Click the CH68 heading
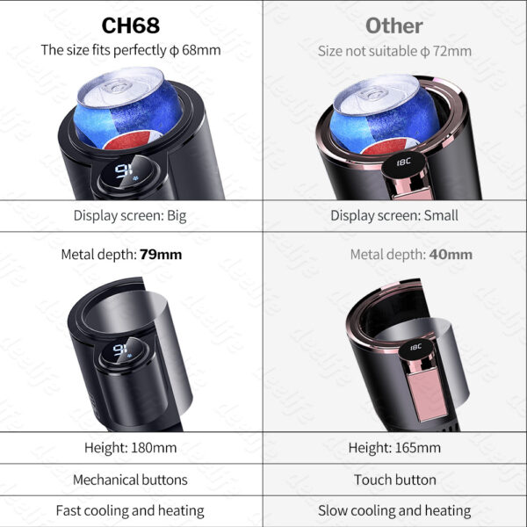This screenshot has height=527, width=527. (x=131, y=25)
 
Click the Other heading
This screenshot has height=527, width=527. (x=394, y=25)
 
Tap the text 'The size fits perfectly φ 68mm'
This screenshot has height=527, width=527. (x=131, y=50)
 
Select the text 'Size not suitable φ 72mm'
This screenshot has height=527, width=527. (x=394, y=51)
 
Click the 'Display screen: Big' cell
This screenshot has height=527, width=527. (x=130, y=215)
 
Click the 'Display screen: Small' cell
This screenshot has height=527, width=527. (x=394, y=215)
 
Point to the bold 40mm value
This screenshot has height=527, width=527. (x=451, y=255)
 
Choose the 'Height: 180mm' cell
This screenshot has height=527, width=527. (x=130, y=448)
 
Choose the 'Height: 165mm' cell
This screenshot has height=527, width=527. (x=394, y=448)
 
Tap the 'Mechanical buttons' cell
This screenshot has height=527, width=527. (x=130, y=480)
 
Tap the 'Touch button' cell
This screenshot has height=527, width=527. (x=394, y=480)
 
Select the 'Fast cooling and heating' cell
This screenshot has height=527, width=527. (x=130, y=510)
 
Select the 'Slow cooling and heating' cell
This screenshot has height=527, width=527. (x=394, y=510)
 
